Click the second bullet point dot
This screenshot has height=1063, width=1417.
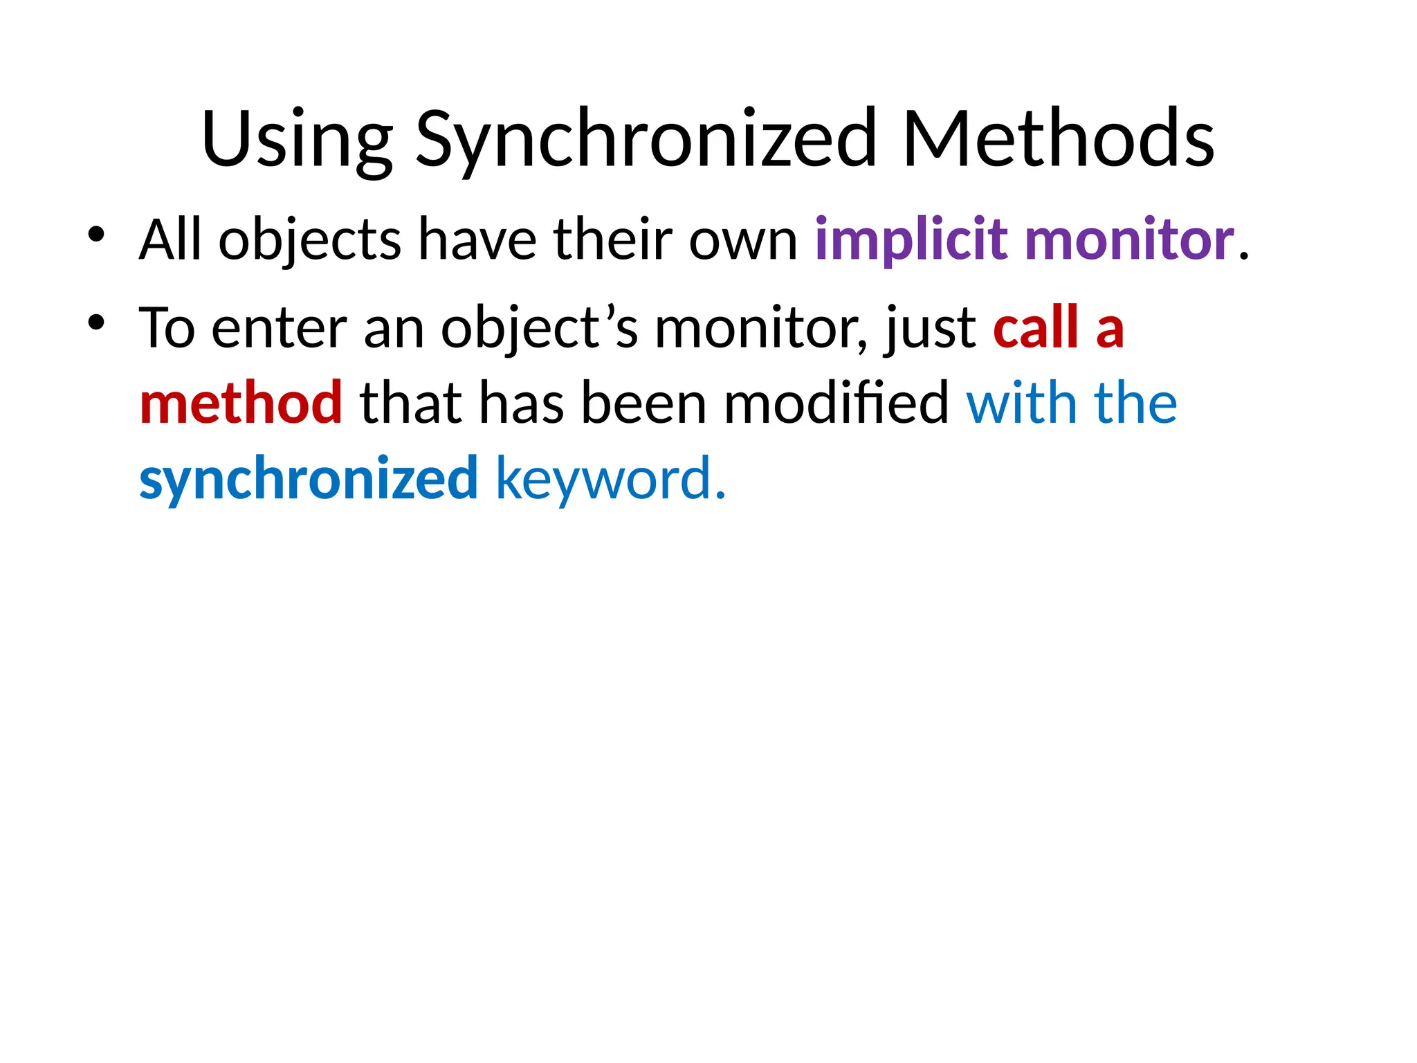pyautogui.click(x=96, y=322)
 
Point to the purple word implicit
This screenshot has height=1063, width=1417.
pyautogui.click(x=911, y=239)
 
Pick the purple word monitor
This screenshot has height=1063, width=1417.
pyautogui.click(x=1130, y=239)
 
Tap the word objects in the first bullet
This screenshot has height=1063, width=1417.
pyautogui.click(x=309, y=239)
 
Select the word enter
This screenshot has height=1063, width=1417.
pyautogui.click(x=279, y=328)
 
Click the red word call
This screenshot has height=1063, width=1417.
pyautogui.click(x=1036, y=328)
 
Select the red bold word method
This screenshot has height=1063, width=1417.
pyautogui.click(x=241, y=403)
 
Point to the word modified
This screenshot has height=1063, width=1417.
pyautogui.click(x=836, y=403)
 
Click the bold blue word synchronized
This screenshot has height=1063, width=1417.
pyautogui.click(x=309, y=479)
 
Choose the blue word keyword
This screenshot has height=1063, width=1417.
pyautogui.click(x=603, y=479)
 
